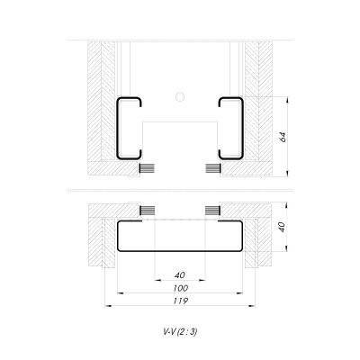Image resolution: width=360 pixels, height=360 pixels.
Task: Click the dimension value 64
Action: (x=281, y=136)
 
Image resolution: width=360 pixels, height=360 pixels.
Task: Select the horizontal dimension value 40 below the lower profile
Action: (x=180, y=274)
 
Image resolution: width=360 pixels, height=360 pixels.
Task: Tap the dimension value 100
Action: (x=180, y=288)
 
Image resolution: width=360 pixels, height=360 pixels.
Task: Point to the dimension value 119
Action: (x=180, y=301)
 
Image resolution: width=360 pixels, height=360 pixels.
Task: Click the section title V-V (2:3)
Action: (x=180, y=331)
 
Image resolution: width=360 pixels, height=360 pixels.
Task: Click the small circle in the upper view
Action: (x=180, y=95)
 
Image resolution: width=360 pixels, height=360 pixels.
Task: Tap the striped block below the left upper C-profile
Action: (x=147, y=167)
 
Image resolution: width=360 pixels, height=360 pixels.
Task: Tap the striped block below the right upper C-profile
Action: (x=212, y=167)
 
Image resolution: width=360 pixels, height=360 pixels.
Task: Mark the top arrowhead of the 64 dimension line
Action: (x=289, y=99)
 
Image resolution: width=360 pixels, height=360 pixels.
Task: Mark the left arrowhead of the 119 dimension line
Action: (x=108, y=307)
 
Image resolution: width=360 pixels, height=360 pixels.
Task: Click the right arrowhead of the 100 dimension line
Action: (x=243, y=293)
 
